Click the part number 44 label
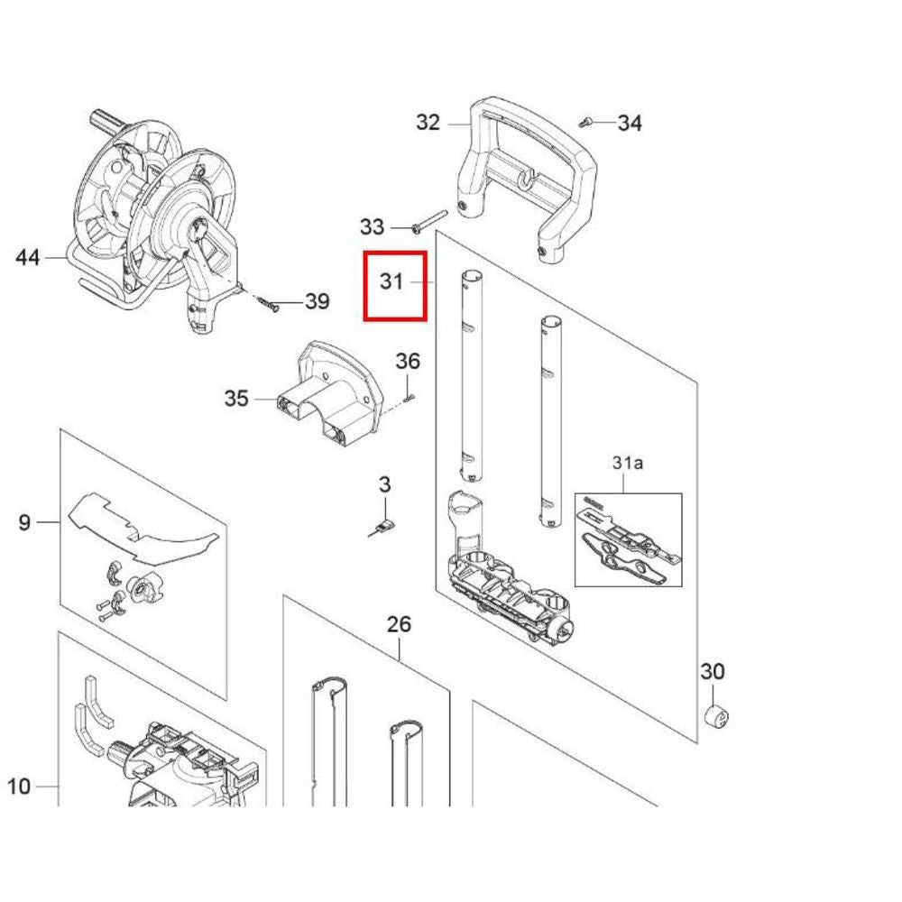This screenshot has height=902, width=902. [28, 257]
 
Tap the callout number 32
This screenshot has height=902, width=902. [428, 123]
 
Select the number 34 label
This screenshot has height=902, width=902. [630, 123]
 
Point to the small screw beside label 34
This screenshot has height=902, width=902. [585, 122]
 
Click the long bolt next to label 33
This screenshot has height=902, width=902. [429, 222]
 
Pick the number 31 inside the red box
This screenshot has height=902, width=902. [391, 281]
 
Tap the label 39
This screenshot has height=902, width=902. [317, 301]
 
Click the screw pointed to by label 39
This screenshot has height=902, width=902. [269, 304]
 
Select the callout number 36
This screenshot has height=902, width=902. [408, 362]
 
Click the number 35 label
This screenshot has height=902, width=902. [235, 398]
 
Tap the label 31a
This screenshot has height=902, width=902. [628, 463]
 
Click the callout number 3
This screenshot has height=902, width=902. [385, 484]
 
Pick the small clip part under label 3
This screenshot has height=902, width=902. [382, 528]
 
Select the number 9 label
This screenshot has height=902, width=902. [24, 522]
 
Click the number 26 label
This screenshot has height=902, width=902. [400, 624]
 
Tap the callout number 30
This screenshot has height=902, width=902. [713, 671]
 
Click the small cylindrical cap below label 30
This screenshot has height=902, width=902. [717, 717]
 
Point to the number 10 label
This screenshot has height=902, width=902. [18, 786]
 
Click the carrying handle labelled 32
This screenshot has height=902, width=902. [528, 179]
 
